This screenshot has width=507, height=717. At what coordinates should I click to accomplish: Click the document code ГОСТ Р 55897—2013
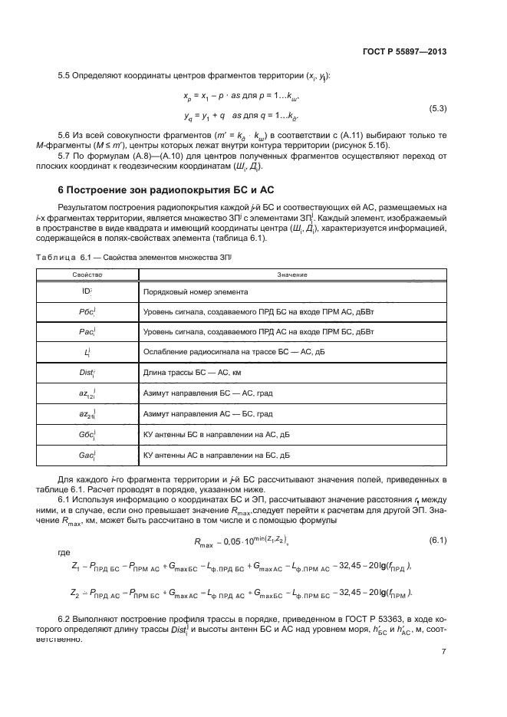[403, 52]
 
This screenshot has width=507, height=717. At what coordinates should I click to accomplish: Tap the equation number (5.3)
[437, 108]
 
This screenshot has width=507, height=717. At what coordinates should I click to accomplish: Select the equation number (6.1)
[437, 541]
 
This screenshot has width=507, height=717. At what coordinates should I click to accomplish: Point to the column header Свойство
[87, 275]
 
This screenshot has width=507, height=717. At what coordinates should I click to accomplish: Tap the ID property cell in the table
[87, 292]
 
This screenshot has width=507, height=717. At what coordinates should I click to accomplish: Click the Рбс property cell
[87, 312]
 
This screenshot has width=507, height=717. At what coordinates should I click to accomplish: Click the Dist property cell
[87, 373]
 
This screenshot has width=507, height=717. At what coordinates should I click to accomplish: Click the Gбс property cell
[87, 434]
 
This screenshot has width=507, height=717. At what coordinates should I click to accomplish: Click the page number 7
[444, 652]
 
